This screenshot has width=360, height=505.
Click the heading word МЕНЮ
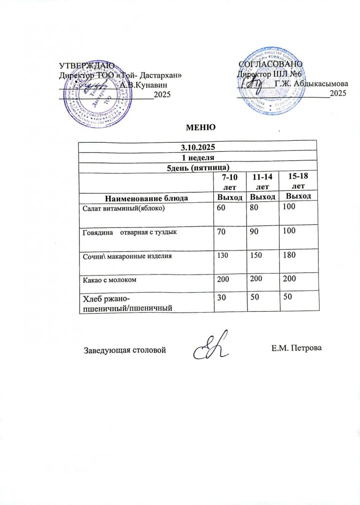coord(200,127)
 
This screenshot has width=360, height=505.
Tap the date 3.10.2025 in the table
coord(198,147)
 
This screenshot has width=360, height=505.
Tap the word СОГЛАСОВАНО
coord(271,65)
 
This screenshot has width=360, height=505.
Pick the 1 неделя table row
coord(198,157)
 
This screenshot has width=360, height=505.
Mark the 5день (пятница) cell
coord(198,167)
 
